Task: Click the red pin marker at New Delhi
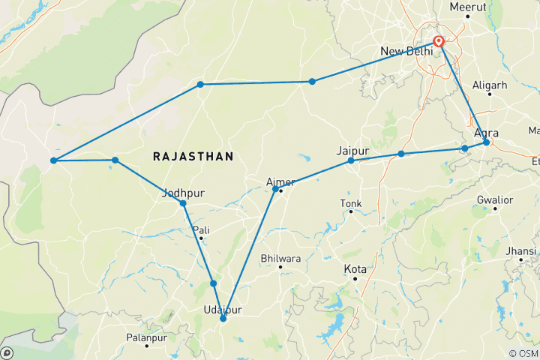point(439,42)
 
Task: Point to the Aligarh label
point(492,85)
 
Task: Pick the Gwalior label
point(495,200)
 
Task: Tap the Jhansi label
point(521,250)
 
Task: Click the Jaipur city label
point(353,150)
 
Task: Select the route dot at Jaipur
point(351,160)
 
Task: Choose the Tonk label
point(351,203)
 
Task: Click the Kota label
point(355,268)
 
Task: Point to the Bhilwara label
point(280,258)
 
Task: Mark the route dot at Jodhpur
point(183,203)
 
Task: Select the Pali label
point(201,229)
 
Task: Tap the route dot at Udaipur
point(223,319)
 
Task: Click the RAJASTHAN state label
point(193,156)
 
